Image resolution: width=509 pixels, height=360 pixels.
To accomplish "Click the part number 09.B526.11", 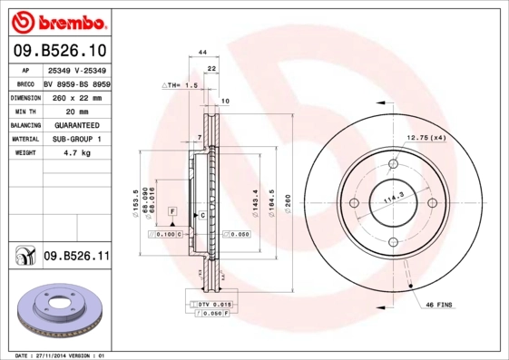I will coord(76,258).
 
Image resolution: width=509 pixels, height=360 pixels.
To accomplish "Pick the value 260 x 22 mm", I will coord(76,97).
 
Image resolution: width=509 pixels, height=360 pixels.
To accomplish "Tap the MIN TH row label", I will coord(24,111).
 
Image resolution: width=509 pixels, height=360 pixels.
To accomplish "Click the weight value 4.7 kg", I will coord(76,153).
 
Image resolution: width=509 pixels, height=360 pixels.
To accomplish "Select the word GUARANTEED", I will coord(76,125).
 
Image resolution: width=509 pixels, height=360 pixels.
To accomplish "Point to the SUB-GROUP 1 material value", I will coord(76,140).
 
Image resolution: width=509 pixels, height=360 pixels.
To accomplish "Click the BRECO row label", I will coord(24,83).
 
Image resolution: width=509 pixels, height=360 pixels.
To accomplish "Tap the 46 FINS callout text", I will coord(440,306).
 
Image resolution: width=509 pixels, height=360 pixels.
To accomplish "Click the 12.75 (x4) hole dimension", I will coord(426,137).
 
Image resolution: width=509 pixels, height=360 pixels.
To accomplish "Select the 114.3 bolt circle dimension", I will coord(394,198).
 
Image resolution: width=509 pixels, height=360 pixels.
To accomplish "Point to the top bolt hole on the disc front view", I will coord(394,164).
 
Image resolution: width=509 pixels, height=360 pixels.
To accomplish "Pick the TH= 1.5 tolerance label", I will coord(180,84).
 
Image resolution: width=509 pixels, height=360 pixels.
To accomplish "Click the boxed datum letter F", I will coord(171,210).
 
